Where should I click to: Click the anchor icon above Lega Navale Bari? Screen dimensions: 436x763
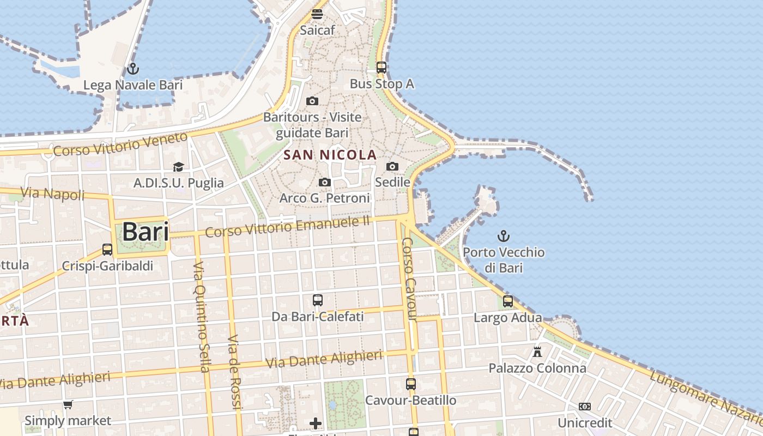click(x=132, y=69)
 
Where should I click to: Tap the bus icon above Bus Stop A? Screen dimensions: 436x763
click(x=381, y=68)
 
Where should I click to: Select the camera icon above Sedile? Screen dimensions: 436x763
click(x=392, y=166)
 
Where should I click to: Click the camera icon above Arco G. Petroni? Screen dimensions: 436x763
click(x=325, y=182)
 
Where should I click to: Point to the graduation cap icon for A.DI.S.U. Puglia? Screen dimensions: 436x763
click(x=178, y=167)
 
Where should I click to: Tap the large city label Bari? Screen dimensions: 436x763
click(x=145, y=232)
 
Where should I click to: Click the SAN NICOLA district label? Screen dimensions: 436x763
click(x=330, y=155)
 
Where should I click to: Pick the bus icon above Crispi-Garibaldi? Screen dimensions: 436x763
click(x=107, y=250)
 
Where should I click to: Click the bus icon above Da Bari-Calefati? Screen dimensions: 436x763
click(x=318, y=300)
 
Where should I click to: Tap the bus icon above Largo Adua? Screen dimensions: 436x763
click(x=508, y=301)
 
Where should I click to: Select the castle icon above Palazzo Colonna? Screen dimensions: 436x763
click(x=537, y=352)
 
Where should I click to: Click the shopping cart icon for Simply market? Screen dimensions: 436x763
click(x=68, y=404)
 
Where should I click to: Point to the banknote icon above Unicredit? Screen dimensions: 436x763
click(x=585, y=407)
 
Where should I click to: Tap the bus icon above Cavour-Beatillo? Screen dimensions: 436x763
click(x=411, y=384)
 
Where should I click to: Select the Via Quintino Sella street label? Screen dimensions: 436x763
click(x=201, y=317)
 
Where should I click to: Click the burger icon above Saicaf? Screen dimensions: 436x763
click(x=317, y=14)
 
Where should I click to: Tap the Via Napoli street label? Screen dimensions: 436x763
click(x=52, y=193)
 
